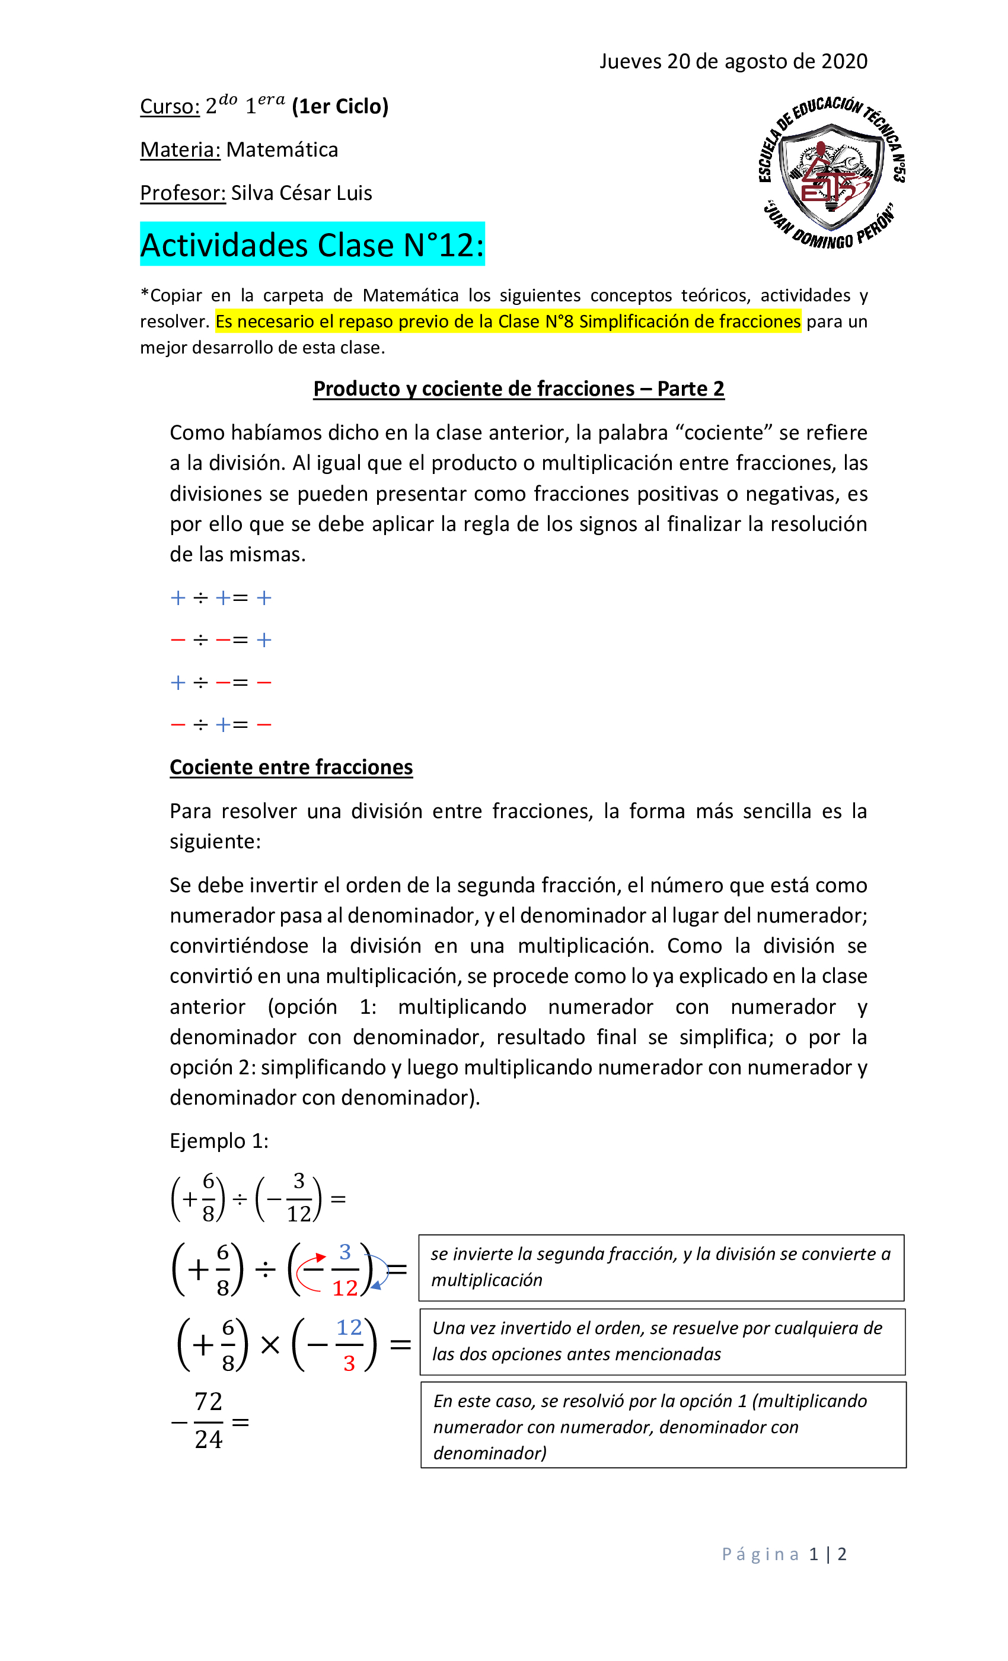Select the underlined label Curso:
[x=170, y=107]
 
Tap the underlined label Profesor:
[x=183, y=193]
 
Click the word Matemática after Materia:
[x=282, y=149]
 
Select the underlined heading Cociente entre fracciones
[x=291, y=767]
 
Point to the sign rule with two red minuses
[x=221, y=639]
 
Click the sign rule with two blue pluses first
[x=221, y=598]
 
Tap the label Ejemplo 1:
[x=219, y=1141]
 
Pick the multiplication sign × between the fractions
[x=270, y=1345]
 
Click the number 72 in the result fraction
[x=208, y=1401]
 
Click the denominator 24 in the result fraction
[x=208, y=1439]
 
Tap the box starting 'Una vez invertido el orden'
[x=662, y=1341]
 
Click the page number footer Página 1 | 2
[x=784, y=1554]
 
